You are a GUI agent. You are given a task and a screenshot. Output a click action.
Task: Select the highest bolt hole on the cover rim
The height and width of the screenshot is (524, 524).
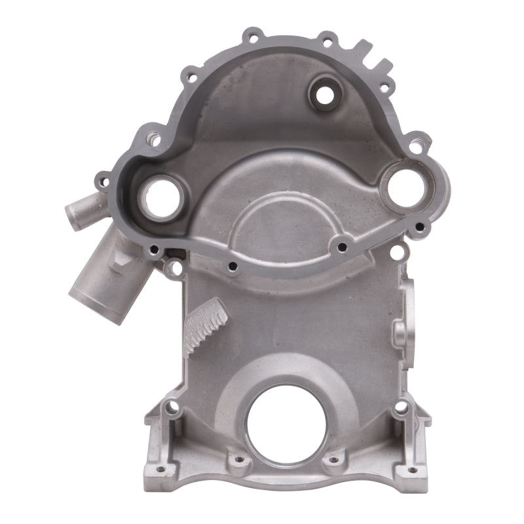[252, 35]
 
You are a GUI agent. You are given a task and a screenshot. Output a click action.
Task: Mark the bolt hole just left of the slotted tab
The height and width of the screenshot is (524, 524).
[327, 39]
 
